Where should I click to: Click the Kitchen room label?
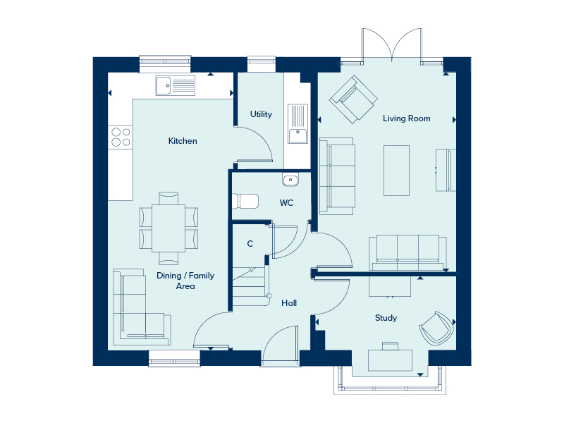tap(183, 140)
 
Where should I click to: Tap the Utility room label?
tap(261, 114)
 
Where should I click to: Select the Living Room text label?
tap(407, 118)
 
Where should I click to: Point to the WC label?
tap(286, 203)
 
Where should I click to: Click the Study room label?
tap(386, 318)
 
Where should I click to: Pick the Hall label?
tap(289, 303)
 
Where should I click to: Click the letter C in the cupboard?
tap(250, 243)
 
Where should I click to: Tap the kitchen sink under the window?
tap(175, 85)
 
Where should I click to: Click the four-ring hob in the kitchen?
tap(121, 137)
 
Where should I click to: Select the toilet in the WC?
tap(245, 202)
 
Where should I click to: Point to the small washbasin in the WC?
tap(290, 180)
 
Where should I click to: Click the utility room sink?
tap(298, 124)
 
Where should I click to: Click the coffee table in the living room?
tap(396, 171)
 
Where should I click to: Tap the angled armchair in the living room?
tap(353, 99)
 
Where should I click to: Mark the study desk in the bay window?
tap(390, 360)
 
